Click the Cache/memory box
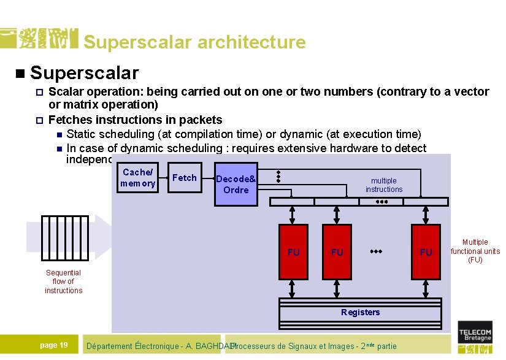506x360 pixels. (137, 178)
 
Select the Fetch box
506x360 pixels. (184, 178)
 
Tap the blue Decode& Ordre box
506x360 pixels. (236, 184)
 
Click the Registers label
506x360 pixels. (360, 312)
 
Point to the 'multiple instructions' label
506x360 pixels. (384, 185)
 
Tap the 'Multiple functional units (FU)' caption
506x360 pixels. (475, 251)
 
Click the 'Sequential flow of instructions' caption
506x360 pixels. (63, 281)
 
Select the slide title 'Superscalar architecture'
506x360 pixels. (194, 42)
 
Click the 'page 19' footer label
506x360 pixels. (54, 345)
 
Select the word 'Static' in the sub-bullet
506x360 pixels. (81, 134)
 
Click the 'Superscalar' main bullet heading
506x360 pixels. (84, 73)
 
